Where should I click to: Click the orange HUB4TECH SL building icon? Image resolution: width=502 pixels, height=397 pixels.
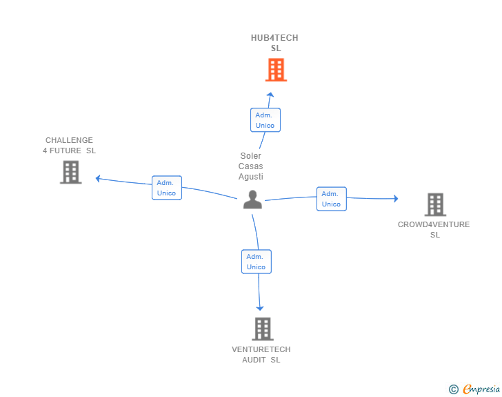coord(276,70)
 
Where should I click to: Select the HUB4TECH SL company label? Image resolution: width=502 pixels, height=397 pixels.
coord(275,43)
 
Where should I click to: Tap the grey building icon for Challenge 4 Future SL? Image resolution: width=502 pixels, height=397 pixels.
coord(71,172)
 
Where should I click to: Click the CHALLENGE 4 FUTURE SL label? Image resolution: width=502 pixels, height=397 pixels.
coord(69,145)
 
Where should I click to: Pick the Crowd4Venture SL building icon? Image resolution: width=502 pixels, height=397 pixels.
coord(435,204)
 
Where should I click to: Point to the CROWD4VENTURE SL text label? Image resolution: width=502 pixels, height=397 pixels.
coord(434,229)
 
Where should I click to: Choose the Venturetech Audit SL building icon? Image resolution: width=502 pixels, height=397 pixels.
coord(262,329)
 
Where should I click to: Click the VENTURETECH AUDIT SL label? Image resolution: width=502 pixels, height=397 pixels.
coord(261,354)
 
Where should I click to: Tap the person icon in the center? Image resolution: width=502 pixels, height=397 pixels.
coord(253,200)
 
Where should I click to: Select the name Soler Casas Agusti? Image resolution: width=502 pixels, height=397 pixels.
coord(251,166)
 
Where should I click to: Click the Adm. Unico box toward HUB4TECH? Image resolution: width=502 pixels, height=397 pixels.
coord(265,120)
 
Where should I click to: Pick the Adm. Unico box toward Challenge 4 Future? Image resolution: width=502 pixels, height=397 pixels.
coord(166,188)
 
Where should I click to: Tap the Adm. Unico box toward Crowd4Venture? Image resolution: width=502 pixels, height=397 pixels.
coord(331,199)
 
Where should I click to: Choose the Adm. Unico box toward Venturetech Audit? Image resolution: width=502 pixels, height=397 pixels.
coord(256,262)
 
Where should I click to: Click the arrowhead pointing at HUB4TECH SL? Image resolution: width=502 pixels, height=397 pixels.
coord(270,95)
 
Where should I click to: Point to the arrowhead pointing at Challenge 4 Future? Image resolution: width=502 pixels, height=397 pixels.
coord(99,178)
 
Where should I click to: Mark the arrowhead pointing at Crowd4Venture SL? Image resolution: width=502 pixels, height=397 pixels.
coord(395,199)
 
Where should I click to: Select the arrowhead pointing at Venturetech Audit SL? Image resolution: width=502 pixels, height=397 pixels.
coord(260,308)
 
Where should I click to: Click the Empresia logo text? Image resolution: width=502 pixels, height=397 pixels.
coord(481,389)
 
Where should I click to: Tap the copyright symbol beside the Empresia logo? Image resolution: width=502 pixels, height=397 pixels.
coord(453,389)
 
